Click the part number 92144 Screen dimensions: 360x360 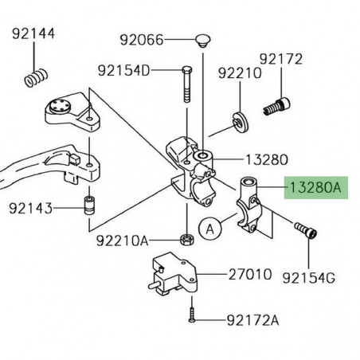click(33, 35)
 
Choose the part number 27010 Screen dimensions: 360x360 click(249, 275)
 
